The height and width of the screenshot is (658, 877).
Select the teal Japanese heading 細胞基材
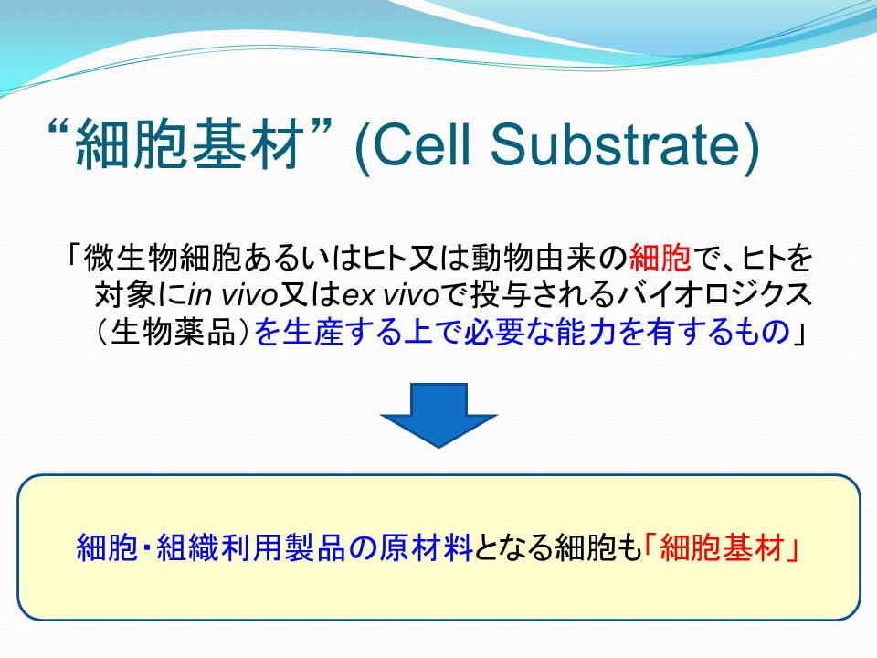[x=190, y=145]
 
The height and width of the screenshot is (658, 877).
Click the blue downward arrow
[x=438, y=415]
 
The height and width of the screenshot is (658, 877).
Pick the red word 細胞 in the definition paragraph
[x=660, y=258]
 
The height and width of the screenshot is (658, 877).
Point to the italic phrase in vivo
[x=233, y=295]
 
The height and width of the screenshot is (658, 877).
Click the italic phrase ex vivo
[x=390, y=295]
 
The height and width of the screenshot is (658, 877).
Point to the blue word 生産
[x=312, y=333]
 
